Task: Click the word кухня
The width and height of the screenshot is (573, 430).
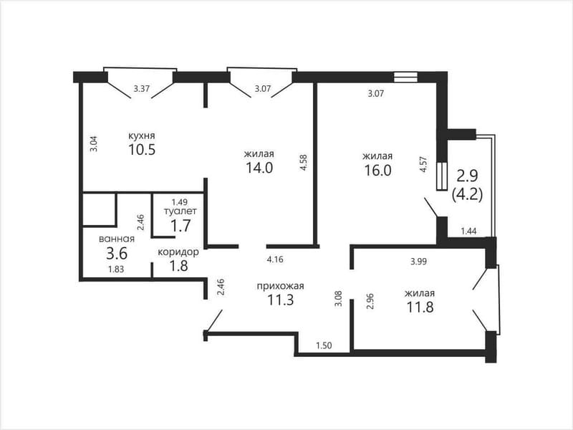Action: (141, 135)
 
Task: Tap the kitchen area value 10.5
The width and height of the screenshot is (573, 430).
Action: (142, 150)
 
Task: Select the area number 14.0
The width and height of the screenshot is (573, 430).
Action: (259, 168)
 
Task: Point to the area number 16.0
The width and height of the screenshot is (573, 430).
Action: (377, 171)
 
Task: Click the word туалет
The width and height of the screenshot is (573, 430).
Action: (180, 211)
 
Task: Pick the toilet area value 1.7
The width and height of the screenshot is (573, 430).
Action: (181, 226)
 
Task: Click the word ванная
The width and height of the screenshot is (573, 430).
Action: (117, 239)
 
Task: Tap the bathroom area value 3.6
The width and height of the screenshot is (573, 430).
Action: (117, 253)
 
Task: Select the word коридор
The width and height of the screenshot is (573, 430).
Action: (178, 252)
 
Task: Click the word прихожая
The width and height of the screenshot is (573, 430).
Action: (280, 286)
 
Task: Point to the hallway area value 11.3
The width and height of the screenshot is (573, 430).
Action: (280, 300)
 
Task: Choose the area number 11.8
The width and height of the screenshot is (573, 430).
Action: (420, 307)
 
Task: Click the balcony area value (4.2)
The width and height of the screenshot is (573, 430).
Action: (468, 193)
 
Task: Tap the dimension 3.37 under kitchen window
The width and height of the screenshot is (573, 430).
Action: (141, 88)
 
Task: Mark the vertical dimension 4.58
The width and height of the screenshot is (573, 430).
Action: (304, 163)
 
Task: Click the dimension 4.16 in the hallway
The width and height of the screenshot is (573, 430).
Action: (275, 260)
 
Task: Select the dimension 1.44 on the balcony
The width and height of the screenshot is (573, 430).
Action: (469, 231)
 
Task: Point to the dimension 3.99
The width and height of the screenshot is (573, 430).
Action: (418, 262)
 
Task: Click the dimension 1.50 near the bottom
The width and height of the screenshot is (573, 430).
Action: (324, 345)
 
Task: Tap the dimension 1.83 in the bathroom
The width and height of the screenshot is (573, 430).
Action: (116, 269)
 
